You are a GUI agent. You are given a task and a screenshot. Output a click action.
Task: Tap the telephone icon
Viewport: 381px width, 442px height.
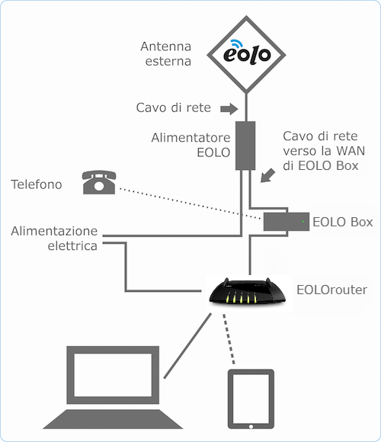point(99,182)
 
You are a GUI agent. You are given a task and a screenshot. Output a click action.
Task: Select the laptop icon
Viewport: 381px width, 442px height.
point(113,387)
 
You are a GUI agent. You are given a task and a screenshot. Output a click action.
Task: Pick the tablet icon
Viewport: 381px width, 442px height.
point(251,399)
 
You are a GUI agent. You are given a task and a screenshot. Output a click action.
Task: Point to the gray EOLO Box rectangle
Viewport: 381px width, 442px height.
point(287,222)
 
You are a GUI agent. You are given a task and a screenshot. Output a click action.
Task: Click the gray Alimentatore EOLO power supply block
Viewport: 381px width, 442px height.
point(245,146)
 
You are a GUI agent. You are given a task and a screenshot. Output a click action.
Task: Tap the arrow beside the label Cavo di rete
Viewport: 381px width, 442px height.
point(229,109)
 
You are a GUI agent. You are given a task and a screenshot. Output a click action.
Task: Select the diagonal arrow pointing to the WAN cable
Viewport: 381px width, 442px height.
point(267,175)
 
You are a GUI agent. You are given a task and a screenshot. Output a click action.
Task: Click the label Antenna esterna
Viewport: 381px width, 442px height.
point(166,53)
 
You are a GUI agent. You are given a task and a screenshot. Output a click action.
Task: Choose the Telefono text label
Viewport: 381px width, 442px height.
point(37,184)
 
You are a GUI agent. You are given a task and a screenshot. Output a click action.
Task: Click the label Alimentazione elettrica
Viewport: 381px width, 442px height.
point(54,239)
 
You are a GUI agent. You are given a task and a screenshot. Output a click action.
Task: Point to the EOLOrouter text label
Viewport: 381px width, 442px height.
point(332,290)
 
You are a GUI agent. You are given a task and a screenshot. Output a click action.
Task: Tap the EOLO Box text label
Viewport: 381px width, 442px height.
point(343,222)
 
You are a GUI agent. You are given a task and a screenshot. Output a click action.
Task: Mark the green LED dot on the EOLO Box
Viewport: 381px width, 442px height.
point(303,222)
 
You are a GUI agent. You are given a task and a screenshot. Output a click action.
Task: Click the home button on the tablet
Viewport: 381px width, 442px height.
point(251,427)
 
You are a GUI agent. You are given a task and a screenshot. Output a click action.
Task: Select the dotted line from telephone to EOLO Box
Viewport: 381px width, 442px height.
point(190,203)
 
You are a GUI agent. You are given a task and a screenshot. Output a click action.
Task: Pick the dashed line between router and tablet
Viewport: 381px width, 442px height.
point(229,339)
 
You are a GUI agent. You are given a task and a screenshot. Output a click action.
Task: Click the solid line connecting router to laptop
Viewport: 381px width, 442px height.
point(187,346)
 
